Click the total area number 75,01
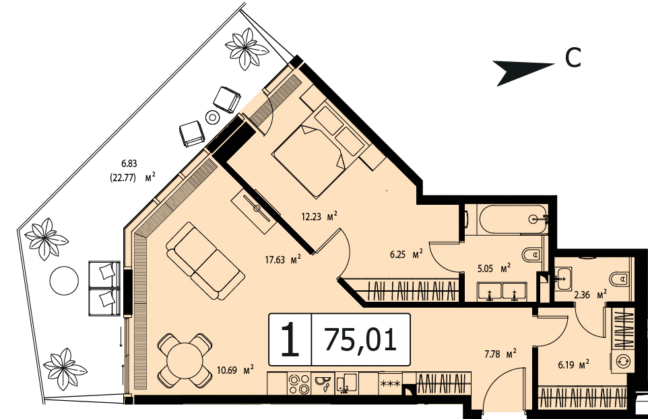(361, 340)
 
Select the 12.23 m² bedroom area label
(319, 216)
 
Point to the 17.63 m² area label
(283, 260)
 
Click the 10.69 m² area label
(235, 370)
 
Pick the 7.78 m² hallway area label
(500, 354)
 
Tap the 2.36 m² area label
(591, 294)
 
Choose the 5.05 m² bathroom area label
(494, 269)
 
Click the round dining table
(184, 360)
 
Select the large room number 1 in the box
(290, 340)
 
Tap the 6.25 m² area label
(406, 255)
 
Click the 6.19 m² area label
(573, 365)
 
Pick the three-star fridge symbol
(390, 384)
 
